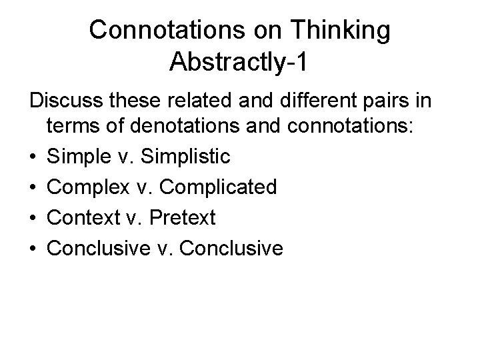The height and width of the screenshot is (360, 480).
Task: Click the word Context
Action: pos(83,218)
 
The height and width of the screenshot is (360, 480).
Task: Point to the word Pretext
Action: pos(184,218)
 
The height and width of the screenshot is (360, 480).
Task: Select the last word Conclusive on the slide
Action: pos(231,249)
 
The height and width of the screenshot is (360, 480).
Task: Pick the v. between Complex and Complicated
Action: pos(141,188)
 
